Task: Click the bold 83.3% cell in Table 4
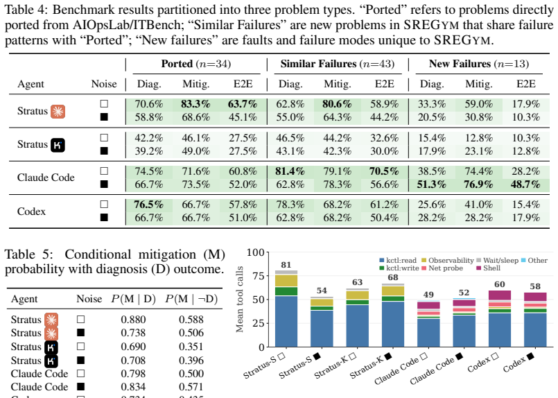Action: pos(195,104)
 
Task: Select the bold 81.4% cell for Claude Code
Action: pos(290,171)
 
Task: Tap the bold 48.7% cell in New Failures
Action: pos(525,184)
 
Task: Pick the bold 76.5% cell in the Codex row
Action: pos(149,205)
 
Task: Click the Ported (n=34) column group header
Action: pos(196,64)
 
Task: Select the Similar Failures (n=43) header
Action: pos(338,64)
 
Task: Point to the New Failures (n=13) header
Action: pos(479,64)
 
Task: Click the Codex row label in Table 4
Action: pos(31,211)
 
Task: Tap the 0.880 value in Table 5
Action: pos(133,320)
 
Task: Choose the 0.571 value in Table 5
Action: pos(191,387)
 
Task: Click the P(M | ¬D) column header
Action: pos(191,299)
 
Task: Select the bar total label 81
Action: pos(286,265)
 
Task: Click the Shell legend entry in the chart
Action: pos(489,268)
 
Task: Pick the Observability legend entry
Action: pos(448,260)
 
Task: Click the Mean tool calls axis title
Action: pos(240,299)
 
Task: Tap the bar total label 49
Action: pos(428,295)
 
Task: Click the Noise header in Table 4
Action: pos(104,84)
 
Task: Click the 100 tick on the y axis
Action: pos(256,252)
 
